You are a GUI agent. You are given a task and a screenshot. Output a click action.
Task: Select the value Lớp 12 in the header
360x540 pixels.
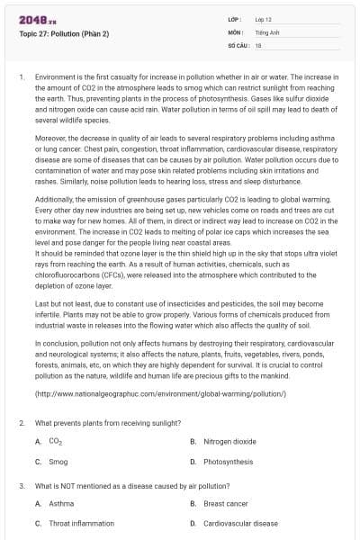pos(265,18)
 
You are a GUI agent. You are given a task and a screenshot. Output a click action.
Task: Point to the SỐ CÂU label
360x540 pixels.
pos(238,43)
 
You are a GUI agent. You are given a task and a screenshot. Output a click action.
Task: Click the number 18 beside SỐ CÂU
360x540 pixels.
pos(258,43)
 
